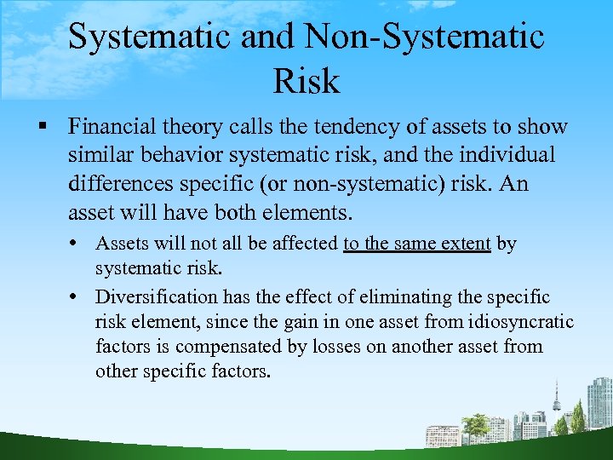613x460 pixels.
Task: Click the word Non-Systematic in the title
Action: tap(424, 37)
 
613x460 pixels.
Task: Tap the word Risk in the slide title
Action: tap(306, 81)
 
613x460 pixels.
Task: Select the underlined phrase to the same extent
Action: tap(416, 244)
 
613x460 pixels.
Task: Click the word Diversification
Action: tap(157, 297)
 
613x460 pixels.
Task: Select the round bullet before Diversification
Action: tap(78, 297)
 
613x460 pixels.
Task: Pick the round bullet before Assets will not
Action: tap(78, 244)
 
